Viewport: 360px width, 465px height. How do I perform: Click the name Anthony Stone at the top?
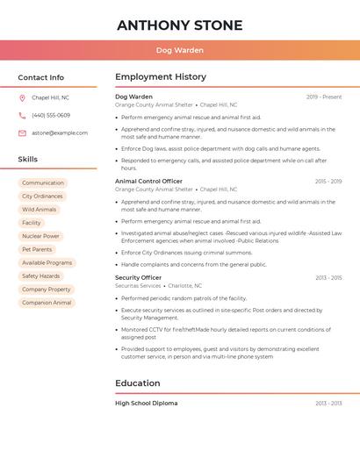pos(179,25)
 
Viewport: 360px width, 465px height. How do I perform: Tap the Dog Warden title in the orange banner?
pos(179,50)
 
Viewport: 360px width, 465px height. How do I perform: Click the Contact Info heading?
pos(40,77)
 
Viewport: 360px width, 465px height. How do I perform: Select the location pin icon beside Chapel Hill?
pos(22,97)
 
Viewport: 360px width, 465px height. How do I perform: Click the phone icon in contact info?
pos(22,115)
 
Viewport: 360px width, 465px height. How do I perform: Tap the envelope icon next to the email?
pos(22,132)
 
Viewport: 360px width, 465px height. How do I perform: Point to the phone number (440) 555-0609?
pos(51,115)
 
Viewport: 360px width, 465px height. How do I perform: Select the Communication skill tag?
pos(43,183)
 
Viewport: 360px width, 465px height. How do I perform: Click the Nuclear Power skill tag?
pos(40,236)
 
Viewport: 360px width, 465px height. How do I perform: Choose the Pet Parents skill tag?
pos(37,249)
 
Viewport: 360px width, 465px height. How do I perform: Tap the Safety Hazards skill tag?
pos(41,275)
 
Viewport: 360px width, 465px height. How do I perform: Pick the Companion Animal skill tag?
pos(47,303)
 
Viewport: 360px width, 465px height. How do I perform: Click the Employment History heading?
pos(161,77)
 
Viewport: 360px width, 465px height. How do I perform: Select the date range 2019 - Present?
pos(324,97)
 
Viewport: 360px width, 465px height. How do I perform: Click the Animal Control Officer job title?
pos(148,181)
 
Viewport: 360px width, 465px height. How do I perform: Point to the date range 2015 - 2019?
pos(328,181)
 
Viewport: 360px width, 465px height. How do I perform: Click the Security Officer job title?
pos(138,277)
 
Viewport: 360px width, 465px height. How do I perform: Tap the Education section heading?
pos(137,383)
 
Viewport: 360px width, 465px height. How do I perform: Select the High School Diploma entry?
pos(146,403)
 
